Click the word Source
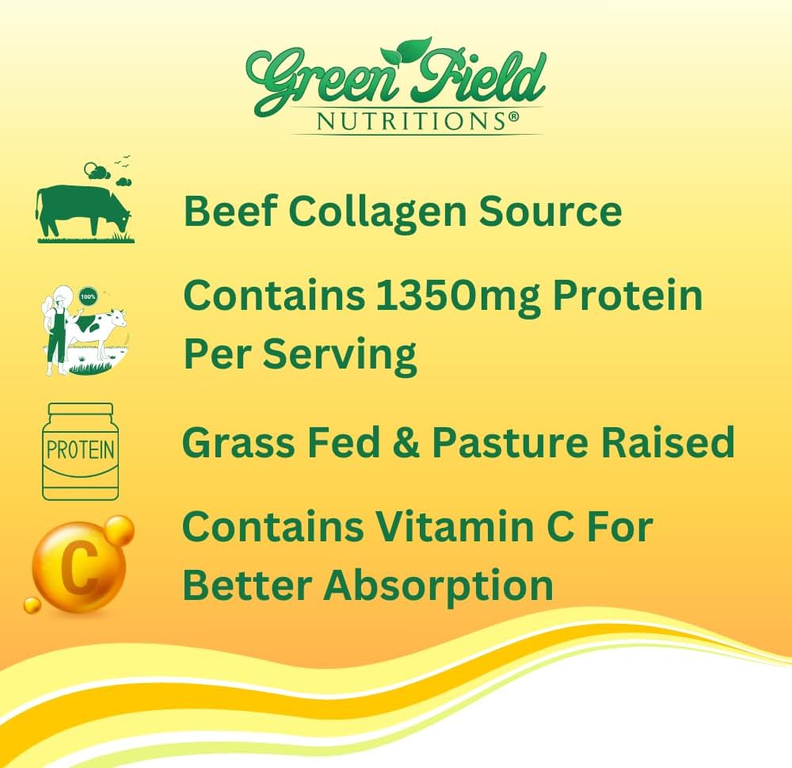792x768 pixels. (x=551, y=212)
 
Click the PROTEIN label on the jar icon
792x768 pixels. (x=80, y=451)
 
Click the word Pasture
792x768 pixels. (x=527, y=442)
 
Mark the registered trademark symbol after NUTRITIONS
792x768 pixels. (x=513, y=116)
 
